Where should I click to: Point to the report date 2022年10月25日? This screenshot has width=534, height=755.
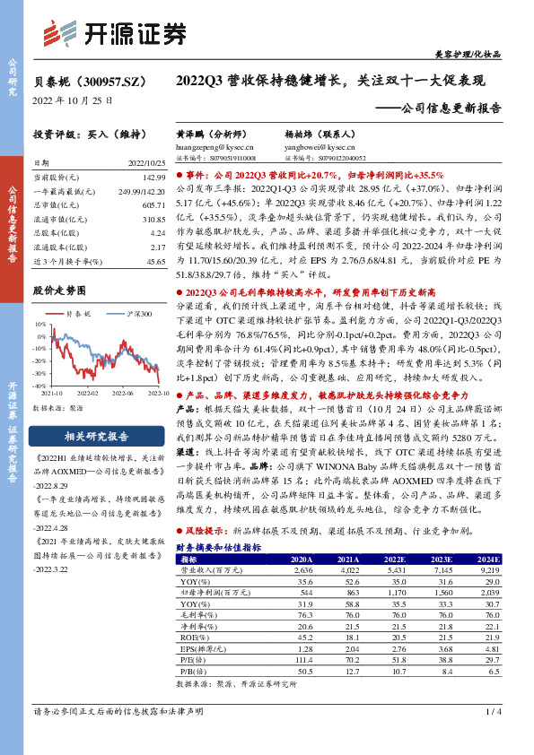tap(74, 100)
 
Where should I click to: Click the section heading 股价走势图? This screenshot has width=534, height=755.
tap(59, 291)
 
